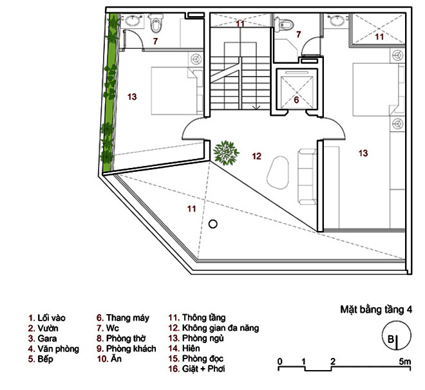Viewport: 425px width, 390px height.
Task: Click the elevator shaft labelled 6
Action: [x=297, y=91]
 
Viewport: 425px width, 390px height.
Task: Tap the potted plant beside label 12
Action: [x=226, y=153]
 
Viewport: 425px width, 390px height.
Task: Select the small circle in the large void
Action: [x=212, y=224]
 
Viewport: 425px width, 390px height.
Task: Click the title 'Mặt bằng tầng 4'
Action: [x=376, y=310]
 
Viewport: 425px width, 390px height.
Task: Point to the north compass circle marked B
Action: [x=396, y=335]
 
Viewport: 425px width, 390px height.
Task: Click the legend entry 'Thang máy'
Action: [x=123, y=318]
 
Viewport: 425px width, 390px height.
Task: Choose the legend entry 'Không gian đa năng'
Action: [x=214, y=328]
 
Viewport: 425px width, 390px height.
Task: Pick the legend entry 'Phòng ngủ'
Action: [x=196, y=339]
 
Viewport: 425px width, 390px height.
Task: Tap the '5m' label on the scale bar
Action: [x=405, y=361]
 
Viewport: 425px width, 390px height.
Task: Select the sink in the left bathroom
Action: [x=133, y=21]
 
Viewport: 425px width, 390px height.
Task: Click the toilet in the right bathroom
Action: [x=283, y=24]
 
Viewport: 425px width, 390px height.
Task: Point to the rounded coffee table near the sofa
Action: [x=278, y=172]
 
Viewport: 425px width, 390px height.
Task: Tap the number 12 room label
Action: [x=256, y=156]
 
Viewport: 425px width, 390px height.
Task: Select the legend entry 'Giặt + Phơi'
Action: [x=196, y=369]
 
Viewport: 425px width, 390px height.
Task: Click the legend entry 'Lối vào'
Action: [x=47, y=318]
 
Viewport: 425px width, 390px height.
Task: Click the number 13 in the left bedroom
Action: [x=132, y=97]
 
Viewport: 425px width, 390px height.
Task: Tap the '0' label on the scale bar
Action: [x=279, y=361]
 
